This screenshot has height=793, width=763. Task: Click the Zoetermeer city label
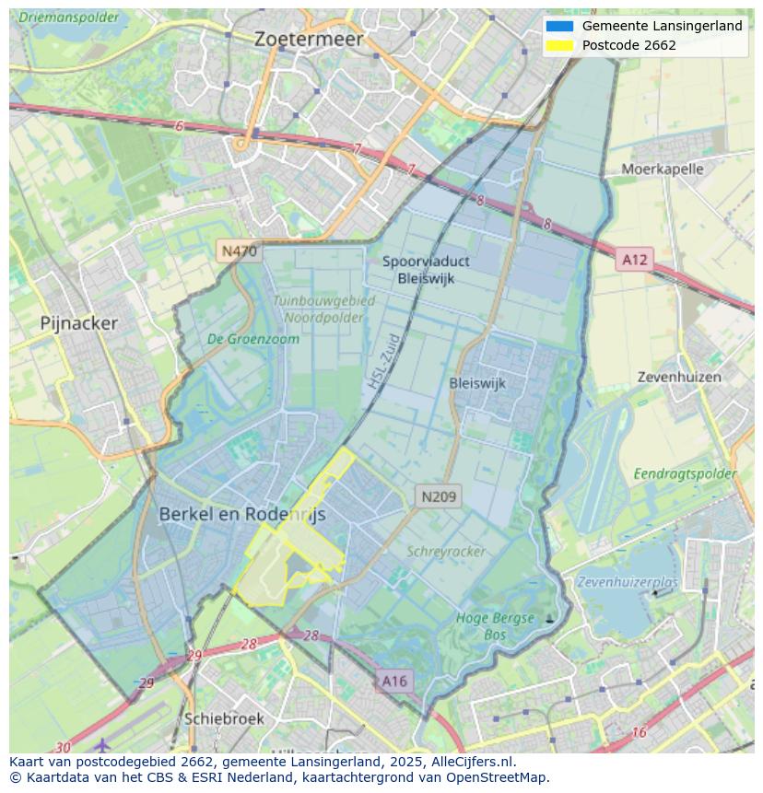(x=309, y=40)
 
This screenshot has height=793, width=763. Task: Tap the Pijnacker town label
(x=79, y=323)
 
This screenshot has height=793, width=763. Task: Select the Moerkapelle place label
(x=662, y=169)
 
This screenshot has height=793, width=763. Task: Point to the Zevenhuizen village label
(x=679, y=378)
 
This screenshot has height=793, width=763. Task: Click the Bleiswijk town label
(x=477, y=383)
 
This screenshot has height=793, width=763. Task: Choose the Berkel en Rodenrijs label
(x=242, y=515)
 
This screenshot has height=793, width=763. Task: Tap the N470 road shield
(x=239, y=251)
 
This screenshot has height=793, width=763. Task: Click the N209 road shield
(x=438, y=496)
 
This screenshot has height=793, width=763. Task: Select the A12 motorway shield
(x=634, y=260)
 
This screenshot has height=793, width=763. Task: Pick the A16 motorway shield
(x=393, y=681)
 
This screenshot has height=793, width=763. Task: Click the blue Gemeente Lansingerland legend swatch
(x=559, y=26)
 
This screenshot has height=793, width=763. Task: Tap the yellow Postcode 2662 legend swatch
(x=559, y=45)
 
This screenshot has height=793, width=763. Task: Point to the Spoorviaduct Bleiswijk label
(x=425, y=270)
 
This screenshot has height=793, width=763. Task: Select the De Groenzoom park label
(x=253, y=339)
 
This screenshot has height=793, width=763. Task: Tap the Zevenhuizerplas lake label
(x=628, y=582)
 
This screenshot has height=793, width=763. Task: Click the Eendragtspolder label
(x=685, y=473)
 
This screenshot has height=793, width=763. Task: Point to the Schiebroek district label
(x=224, y=718)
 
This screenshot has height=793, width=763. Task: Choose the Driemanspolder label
(x=69, y=17)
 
